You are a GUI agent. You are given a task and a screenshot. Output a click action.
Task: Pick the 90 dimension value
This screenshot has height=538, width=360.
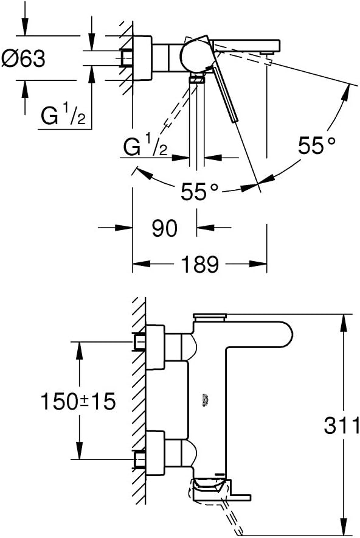[164, 228]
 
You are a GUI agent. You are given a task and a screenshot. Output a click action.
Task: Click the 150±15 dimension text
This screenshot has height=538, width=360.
[77, 402]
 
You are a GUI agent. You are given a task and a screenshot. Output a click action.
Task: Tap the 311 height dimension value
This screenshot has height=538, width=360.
[341, 425]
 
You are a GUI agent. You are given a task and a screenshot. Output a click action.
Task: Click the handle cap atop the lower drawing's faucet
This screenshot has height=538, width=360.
[209, 316]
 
